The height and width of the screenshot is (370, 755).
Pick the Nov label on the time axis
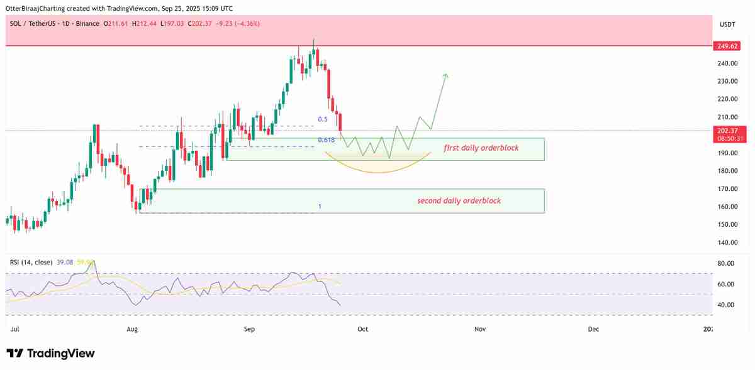[x=480, y=329]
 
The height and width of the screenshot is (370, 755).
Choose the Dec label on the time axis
[x=593, y=329]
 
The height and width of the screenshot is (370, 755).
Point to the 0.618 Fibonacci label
[x=326, y=140]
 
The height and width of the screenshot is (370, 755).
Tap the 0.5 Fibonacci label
[x=323, y=119]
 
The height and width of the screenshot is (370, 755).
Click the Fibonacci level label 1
[x=320, y=207]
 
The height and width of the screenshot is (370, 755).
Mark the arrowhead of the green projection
[x=445, y=75]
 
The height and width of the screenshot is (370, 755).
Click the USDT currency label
[x=727, y=24]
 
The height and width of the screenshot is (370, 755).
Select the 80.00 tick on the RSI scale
[x=726, y=264]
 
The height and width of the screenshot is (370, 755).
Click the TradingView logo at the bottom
[x=50, y=354]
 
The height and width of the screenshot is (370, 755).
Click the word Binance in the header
[x=86, y=24]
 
